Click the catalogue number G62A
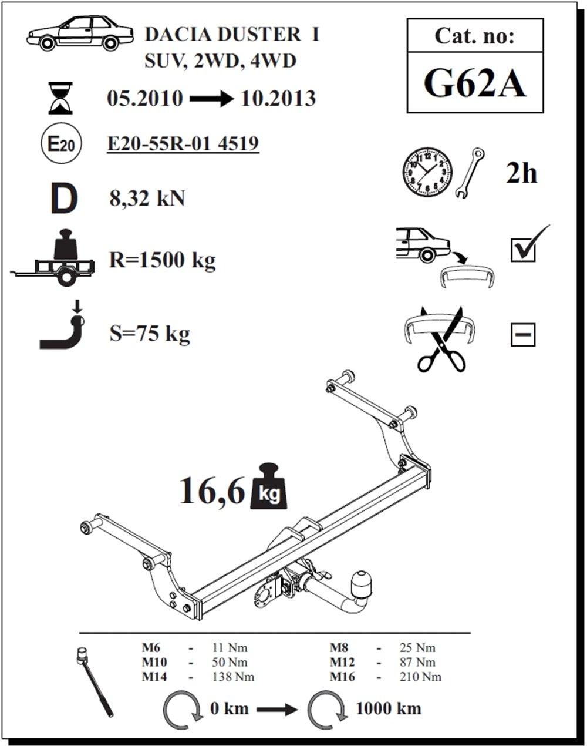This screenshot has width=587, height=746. [x=474, y=83]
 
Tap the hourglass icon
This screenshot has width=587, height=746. [x=59, y=98]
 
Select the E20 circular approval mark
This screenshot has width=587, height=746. [x=60, y=144]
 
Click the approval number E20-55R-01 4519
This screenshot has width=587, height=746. [x=183, y=143]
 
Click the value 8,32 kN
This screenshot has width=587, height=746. [x=147, y=199]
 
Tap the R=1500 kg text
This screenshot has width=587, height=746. [x=163, y=259]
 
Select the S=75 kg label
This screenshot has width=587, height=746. [x=150, y=334]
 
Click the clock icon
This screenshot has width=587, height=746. [x=427, y=172]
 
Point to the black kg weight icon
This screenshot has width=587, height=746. [x=270, y=489]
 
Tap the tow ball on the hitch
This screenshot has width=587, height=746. [x=360, y=580]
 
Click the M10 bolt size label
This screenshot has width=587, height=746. [x=154, y=663]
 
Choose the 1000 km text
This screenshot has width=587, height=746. [x=389, y=708]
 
